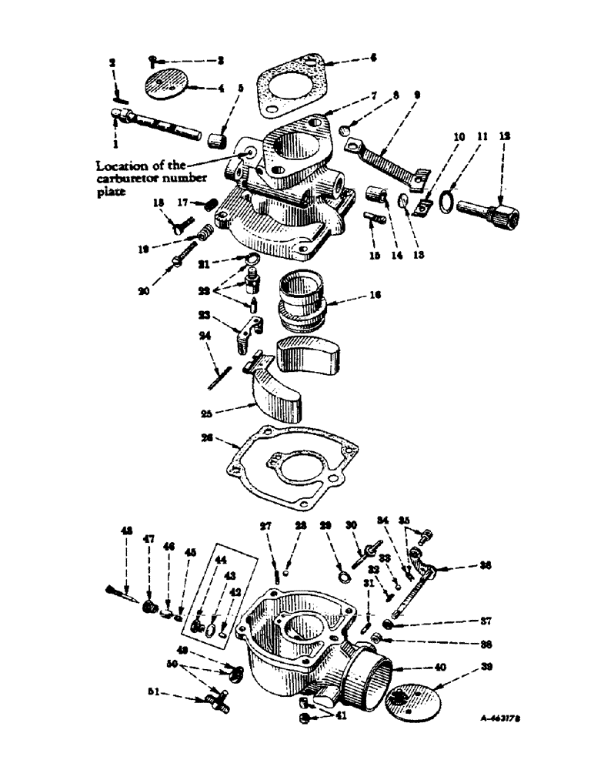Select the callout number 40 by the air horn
coord(441,670)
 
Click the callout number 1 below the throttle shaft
coord(116,143)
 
